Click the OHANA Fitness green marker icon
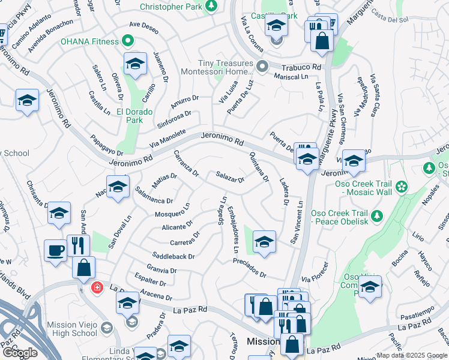pyautogui.click(x=127, y=41)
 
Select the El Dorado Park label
pyautogui.click(x=135, y=116)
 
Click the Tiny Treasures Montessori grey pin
pyautogui.click(x=261, y=65)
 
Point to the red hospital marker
pyautogui.click(x=96, y=288)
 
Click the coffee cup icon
pyautogui.click(x=55, y=251)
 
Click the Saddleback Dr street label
pyautogui.click(x=173, y=256)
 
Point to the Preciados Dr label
pyautogui.click(x=250, y=268)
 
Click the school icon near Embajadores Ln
pyautogui.click(x=264, y=241)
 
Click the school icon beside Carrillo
pyautogui.click(x=135, y=64)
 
